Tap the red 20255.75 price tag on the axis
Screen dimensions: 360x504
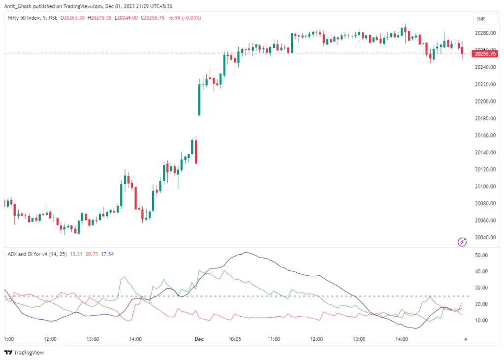(484, 54)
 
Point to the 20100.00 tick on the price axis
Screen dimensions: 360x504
(484, 187)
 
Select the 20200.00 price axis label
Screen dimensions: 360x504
(484, 101)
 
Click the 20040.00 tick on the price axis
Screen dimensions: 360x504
(484, 237)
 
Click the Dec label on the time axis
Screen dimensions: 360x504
(199, 339)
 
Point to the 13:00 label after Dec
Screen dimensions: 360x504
(359, 339)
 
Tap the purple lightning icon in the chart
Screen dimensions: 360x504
(462, 241)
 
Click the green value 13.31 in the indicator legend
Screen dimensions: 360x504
(76, 254)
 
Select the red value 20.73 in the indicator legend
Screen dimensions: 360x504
(92, 254)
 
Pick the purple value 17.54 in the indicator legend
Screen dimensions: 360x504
(107, 254)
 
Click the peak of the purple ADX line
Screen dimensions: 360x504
(246, 253)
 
